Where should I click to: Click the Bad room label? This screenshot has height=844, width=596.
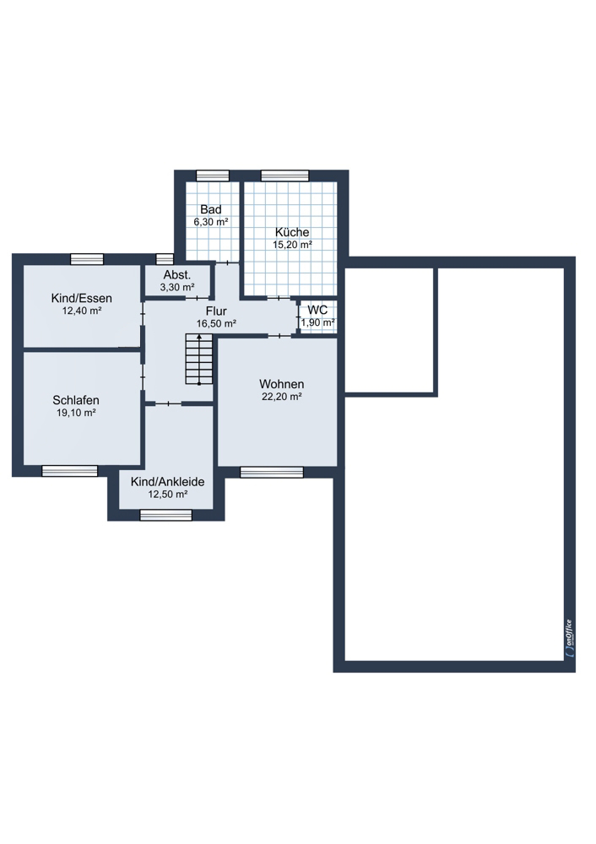210,209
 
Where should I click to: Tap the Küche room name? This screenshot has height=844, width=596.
292,232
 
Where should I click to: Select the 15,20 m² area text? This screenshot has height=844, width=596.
292,245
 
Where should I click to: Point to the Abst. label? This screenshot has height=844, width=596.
177,275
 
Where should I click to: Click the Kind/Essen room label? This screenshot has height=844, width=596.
82,298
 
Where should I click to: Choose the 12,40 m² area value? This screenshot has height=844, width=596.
82,311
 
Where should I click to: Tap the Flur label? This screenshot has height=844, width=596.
216,311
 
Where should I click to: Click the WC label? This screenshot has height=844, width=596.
317,311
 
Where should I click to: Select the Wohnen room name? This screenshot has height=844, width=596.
282,384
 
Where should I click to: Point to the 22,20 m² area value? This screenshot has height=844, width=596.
282,397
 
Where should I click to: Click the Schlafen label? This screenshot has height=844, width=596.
76,400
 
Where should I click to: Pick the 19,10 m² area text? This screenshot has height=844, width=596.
76,413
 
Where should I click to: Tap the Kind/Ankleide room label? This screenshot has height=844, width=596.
167,482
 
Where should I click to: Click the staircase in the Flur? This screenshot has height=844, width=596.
199,359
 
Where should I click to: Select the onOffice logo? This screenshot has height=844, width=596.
570,638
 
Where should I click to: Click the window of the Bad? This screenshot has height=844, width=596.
213,176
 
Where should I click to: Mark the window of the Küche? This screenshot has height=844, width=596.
284,176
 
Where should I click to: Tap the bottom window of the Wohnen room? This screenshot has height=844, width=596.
272,472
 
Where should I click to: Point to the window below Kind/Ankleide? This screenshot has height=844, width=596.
165,515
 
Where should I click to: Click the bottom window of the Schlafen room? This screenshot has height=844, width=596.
70,471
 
